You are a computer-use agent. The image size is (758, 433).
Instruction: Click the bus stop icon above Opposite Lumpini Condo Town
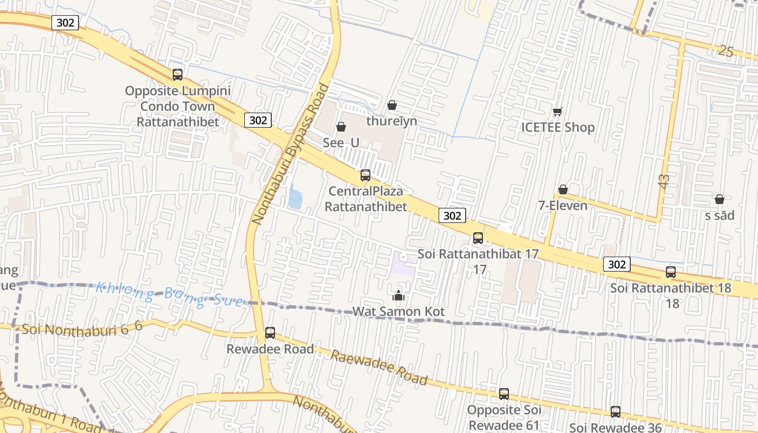(x=178, y=75)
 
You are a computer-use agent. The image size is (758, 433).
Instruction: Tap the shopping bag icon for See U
(x=341, y=127)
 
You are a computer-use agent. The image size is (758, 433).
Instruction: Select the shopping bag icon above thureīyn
(x=392, y=105)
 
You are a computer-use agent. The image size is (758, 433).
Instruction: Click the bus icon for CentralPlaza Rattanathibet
(x=365, y=175)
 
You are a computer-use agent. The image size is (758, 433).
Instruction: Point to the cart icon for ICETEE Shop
(x=558, y=112)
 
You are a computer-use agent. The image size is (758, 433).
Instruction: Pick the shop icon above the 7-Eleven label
(x=563, y=189)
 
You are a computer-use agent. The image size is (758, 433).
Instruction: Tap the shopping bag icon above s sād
(x=720, y=200)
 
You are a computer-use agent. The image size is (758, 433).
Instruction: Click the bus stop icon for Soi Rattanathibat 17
(x=478, y=238)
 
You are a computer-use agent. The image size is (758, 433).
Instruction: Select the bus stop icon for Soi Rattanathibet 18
(x=671, y=272)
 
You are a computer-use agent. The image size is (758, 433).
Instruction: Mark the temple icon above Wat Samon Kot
(x=398, y=296)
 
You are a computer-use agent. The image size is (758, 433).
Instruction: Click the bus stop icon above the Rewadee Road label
(x=270, y=333)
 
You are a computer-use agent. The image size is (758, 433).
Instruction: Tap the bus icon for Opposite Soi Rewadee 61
(x=504, y=394)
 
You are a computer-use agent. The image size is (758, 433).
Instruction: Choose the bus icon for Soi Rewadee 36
(x=616, y=412)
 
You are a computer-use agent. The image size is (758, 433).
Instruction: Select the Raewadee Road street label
(x=379, y=368)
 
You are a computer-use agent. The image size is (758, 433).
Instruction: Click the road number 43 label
(x=664, y=181)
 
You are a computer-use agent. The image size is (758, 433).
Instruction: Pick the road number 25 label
(x=726, y=51)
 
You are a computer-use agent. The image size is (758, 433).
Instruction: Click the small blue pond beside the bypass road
(x=295, y=196)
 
